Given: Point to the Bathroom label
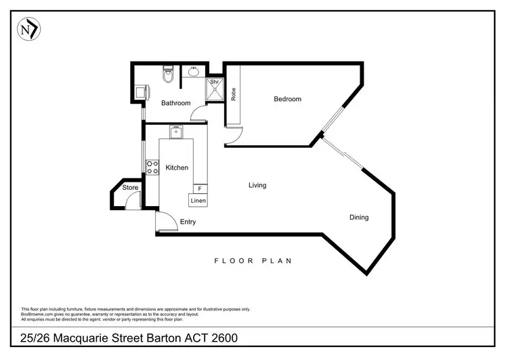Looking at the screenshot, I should [x=175, y=103].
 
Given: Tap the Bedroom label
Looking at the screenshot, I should [x=287, y=99].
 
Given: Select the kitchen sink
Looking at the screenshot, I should [x=175, y=133].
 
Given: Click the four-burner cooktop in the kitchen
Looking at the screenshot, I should [x=152, y=167].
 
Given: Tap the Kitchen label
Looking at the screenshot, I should [x=177, y=167].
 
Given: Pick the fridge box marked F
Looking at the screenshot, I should [x=199, y=188].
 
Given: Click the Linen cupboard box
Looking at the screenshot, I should [x=198, y=201].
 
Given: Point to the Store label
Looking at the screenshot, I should [x=130, y=188].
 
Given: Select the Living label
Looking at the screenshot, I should [x=257, y=185].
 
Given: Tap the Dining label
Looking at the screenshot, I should [x=359, y=218].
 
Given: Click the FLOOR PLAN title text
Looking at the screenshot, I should [x=253, y=260].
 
